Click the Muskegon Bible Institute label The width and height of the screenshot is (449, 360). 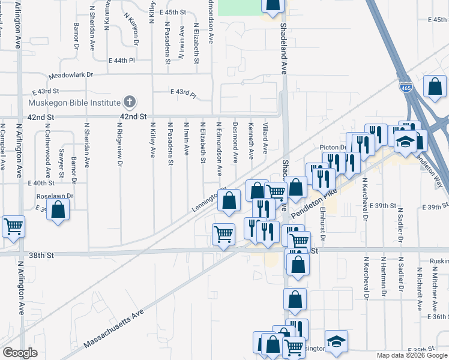point(74,102)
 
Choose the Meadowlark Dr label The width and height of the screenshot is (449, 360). point(71,76)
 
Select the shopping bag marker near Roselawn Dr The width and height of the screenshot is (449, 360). point(58,211)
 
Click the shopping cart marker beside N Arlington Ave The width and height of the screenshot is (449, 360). point(13,227)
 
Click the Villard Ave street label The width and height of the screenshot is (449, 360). point(265,139)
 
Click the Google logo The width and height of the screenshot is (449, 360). point(20,353)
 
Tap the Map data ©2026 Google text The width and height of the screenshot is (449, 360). point(411,355)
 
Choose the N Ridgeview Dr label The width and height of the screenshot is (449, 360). point(120,146)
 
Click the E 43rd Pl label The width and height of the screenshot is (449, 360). point(183,92)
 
